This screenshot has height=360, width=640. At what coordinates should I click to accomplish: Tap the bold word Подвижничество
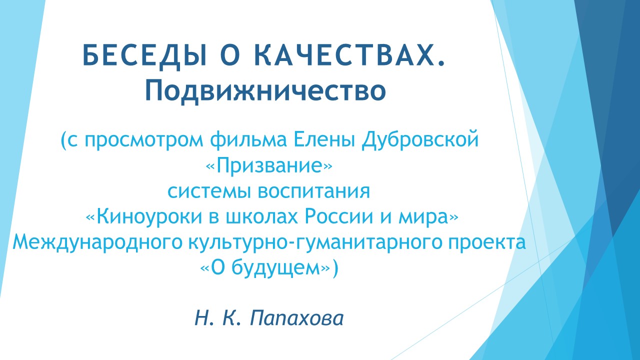(265, 90)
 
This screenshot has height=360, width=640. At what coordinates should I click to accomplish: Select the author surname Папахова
(296, 318)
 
